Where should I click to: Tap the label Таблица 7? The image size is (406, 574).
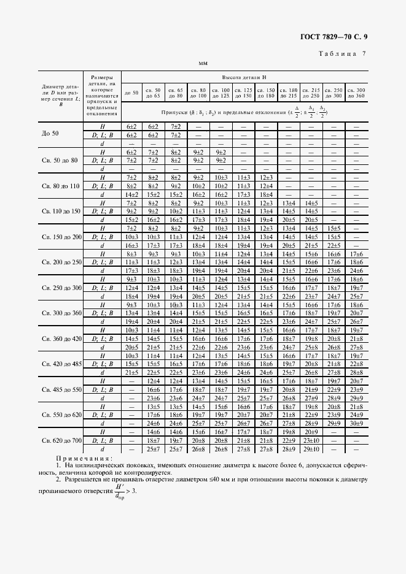[342, 54]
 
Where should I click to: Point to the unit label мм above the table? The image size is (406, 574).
[203, 64]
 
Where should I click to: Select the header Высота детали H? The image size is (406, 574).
[244, 77]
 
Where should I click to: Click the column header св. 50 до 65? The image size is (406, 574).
[153, 94]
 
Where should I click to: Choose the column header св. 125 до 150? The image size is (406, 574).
[243, 94]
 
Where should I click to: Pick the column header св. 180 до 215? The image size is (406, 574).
[288, 94]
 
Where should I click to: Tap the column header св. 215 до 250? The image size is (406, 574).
[311, 94]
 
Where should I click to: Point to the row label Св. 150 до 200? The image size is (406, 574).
[61, 236]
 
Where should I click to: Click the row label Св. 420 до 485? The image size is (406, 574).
[61, 364]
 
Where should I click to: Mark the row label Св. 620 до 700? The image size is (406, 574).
[61, 440]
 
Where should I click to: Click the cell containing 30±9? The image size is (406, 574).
[356, 423]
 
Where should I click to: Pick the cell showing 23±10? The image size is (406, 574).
[311, 440]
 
